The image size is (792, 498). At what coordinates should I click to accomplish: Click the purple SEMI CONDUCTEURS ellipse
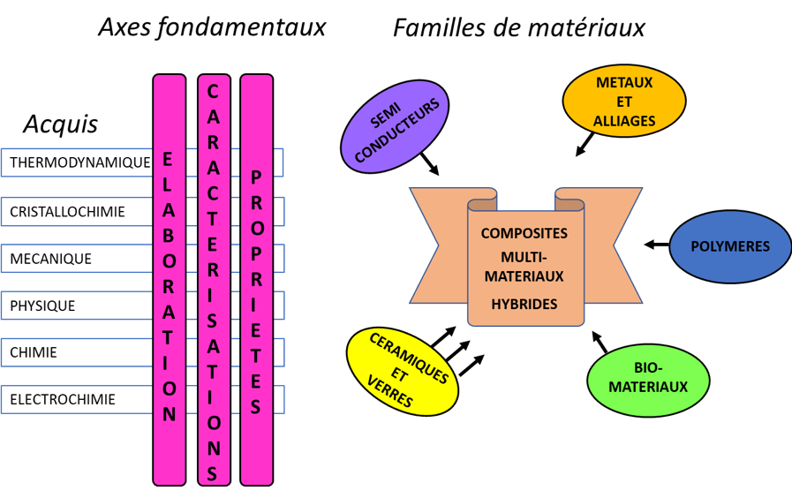pos(395,126)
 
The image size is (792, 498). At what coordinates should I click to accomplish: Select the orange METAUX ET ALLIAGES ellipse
pos(624,102)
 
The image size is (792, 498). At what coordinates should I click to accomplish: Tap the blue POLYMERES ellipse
pos(730,246)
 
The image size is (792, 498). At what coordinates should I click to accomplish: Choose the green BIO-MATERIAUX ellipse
pos(648,380)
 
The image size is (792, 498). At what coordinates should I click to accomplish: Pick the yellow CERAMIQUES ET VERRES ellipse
pos(403,371)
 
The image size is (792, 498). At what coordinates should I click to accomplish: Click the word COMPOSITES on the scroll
pos(524,233)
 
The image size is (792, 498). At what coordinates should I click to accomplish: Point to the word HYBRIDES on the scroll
pos(524,304)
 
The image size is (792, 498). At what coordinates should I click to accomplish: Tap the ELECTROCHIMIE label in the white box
pos(63,400)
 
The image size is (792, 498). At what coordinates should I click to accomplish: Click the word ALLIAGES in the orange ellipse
pos(624,121)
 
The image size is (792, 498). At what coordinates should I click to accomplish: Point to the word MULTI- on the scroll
pos(524,257)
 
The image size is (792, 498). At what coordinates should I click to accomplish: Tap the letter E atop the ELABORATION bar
pos(169,159)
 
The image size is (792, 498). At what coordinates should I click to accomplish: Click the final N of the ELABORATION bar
pos(170,414)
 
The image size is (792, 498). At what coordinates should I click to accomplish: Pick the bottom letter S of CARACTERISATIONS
pos(213,473)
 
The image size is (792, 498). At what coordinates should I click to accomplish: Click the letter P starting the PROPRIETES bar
pos(256,177)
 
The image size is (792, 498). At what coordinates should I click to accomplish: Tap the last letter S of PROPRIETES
pos(256,407)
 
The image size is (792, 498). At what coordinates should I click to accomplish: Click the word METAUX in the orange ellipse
pos(624,82)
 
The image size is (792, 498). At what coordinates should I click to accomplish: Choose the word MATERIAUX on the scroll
pos(524,276)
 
